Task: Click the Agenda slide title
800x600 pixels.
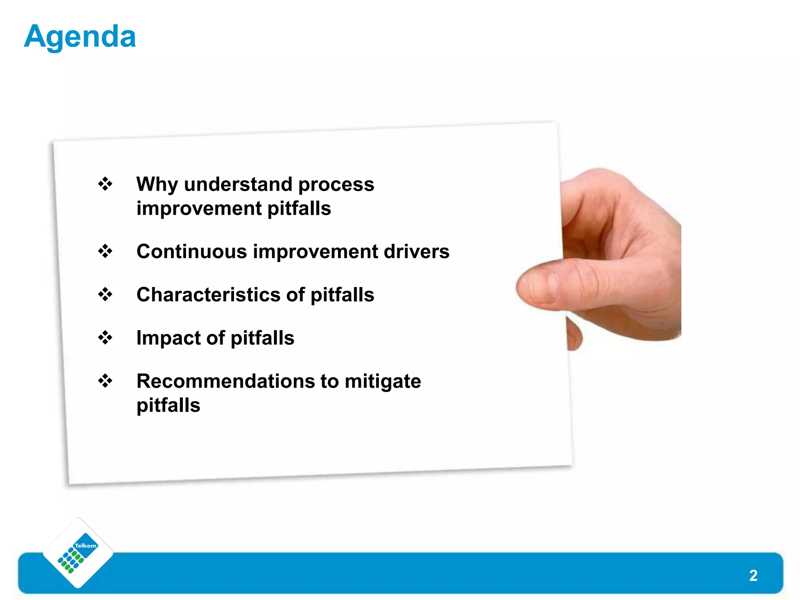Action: [80, 37]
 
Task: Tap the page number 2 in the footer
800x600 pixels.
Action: [753, 575]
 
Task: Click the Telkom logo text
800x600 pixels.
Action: [86, 546]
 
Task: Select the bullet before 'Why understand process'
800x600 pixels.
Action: [105, 184]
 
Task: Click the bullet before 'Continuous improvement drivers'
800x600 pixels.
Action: [105, 251]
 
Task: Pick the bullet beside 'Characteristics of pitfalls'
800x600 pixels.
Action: [105, 294]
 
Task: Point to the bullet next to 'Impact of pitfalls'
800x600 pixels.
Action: [105, 337]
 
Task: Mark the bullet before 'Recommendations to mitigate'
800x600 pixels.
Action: [105, 380]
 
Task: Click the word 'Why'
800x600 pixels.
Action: [157, 184]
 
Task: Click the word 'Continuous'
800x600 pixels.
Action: [192, 251]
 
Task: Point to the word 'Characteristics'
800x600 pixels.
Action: [208, 295]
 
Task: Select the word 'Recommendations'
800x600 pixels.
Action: [225, 381]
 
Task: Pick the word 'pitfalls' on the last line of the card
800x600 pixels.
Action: [168, 405]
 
